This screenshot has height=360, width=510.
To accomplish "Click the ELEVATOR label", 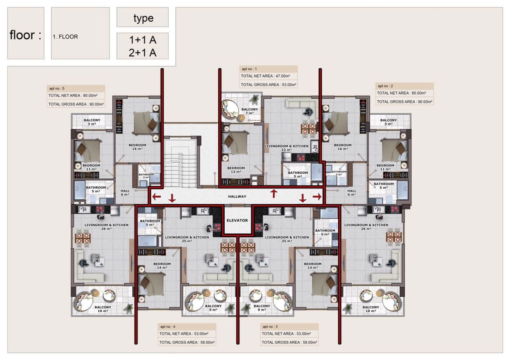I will pyautogui.click(x=237, y=220).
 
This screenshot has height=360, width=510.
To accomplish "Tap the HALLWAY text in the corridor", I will pyautogui.click(x=237, y=196).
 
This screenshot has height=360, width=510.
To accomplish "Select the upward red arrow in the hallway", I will pyautogui.click(x=274, y=194).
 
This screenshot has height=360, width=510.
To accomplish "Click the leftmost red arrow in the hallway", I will pyautogui.click(x=156, y=196).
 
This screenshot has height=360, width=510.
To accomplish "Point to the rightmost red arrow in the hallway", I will pyautogui.click(x=317, y=196).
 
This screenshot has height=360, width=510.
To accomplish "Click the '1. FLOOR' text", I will pyautogui.click(x=65, y=37).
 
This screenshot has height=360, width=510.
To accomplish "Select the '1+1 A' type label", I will pyautogui.click(x=143, y=40).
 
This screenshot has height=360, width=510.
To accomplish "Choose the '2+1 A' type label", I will pyautogui.click(x=143, y=53).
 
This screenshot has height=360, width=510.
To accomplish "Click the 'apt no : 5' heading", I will pyautogui.click(x=57, y=88).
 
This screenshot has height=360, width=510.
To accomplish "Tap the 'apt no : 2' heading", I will pyautogui.click(x=385, y=86).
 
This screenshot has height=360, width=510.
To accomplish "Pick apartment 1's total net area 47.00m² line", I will pyautogui.click(x=265, y=76).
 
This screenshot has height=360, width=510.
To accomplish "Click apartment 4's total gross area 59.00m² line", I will pyautogui.click(x=187, y=342).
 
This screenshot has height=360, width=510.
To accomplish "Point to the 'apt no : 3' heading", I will pyautogui.click(x=270, y=327).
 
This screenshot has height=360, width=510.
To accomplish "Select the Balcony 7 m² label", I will pyautogui.click(x=250, y=111).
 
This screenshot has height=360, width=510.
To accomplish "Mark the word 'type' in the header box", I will pyautogui.click(x=143, y=18).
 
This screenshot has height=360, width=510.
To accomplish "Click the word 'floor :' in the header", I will pyautogui.click(x=25, y=35).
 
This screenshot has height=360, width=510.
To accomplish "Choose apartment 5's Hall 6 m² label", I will pyautogui.click(x=125, y=192).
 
